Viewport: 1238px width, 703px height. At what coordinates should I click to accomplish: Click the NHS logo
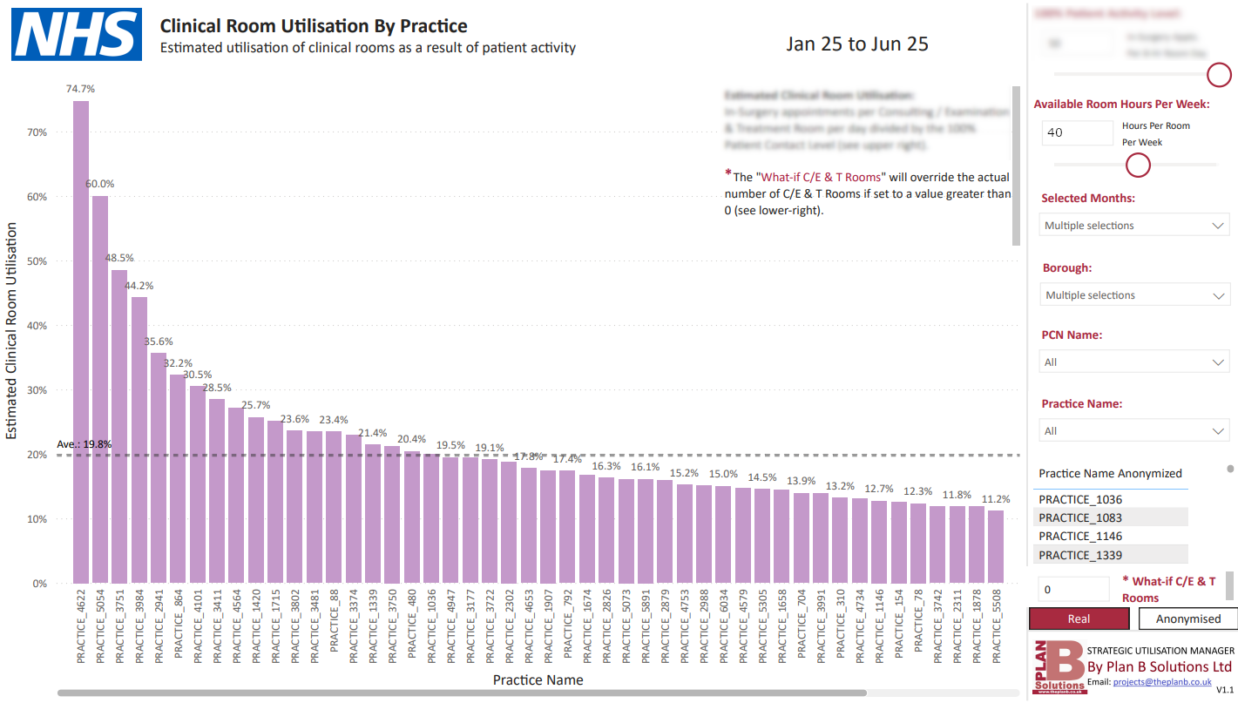[x=76, y=34]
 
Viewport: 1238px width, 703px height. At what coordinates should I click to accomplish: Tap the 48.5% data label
[x=119, y=258]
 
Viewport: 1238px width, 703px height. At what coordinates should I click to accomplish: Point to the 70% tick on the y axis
[x=37, y=132]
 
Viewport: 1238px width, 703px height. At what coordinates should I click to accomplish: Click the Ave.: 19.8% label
[x=85, y=444]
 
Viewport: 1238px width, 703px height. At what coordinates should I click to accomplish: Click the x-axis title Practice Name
[x=538, y=679]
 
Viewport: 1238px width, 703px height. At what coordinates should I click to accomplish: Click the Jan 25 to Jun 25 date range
[x=856, y=44]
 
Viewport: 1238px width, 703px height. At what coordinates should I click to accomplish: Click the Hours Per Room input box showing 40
[x=1077, y=133]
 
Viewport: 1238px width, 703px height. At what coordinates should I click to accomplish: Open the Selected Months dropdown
[x=1135, y=226]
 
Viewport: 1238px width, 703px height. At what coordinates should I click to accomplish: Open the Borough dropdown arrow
[x=1218, y=296]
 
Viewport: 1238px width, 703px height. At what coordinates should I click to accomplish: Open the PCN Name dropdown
[x=1135, y=362]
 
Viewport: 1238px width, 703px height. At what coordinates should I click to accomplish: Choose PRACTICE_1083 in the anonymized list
[x=1080, y=518]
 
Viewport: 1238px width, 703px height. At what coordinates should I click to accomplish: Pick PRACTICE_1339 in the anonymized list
[x=1080, y=555]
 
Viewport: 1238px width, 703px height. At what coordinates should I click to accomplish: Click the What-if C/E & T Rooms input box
[x=1073, y=590]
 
